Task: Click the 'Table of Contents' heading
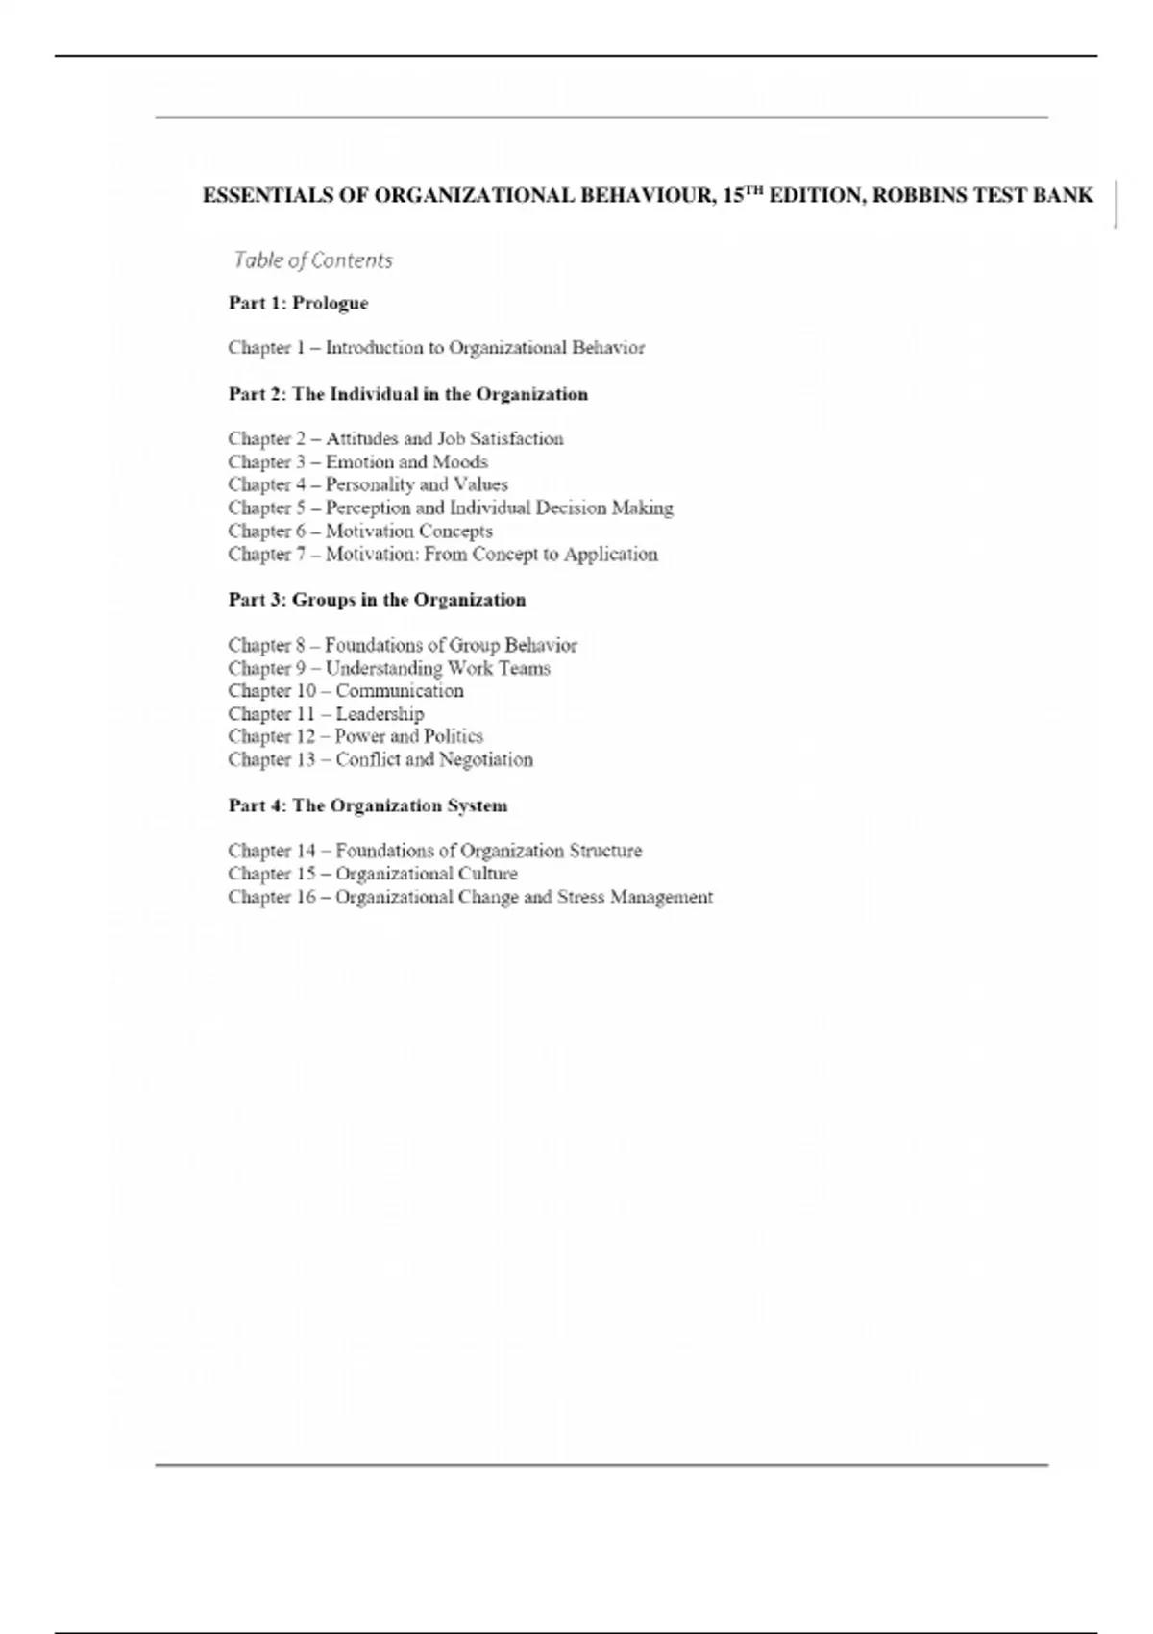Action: point(312,260)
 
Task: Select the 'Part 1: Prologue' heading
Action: point(298,303)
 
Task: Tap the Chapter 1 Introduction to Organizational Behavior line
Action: point(436,348)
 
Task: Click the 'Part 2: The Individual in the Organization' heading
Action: point(407,394)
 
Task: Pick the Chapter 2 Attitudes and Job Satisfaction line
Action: point(396,439)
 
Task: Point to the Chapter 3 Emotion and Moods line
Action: point(357,462)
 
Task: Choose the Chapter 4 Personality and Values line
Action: point(368,485)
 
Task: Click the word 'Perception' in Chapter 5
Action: point(368,508)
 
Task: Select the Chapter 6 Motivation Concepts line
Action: point(360,532)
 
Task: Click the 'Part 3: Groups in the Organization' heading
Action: point(377,600)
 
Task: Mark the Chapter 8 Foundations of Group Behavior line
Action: point(403,646)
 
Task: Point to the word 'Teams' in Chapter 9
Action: point(524,669)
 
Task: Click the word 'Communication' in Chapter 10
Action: point(399,691)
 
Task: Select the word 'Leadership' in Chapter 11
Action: point(380,714)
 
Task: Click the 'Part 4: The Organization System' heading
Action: point(368,805)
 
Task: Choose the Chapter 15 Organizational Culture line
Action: point(373,874)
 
